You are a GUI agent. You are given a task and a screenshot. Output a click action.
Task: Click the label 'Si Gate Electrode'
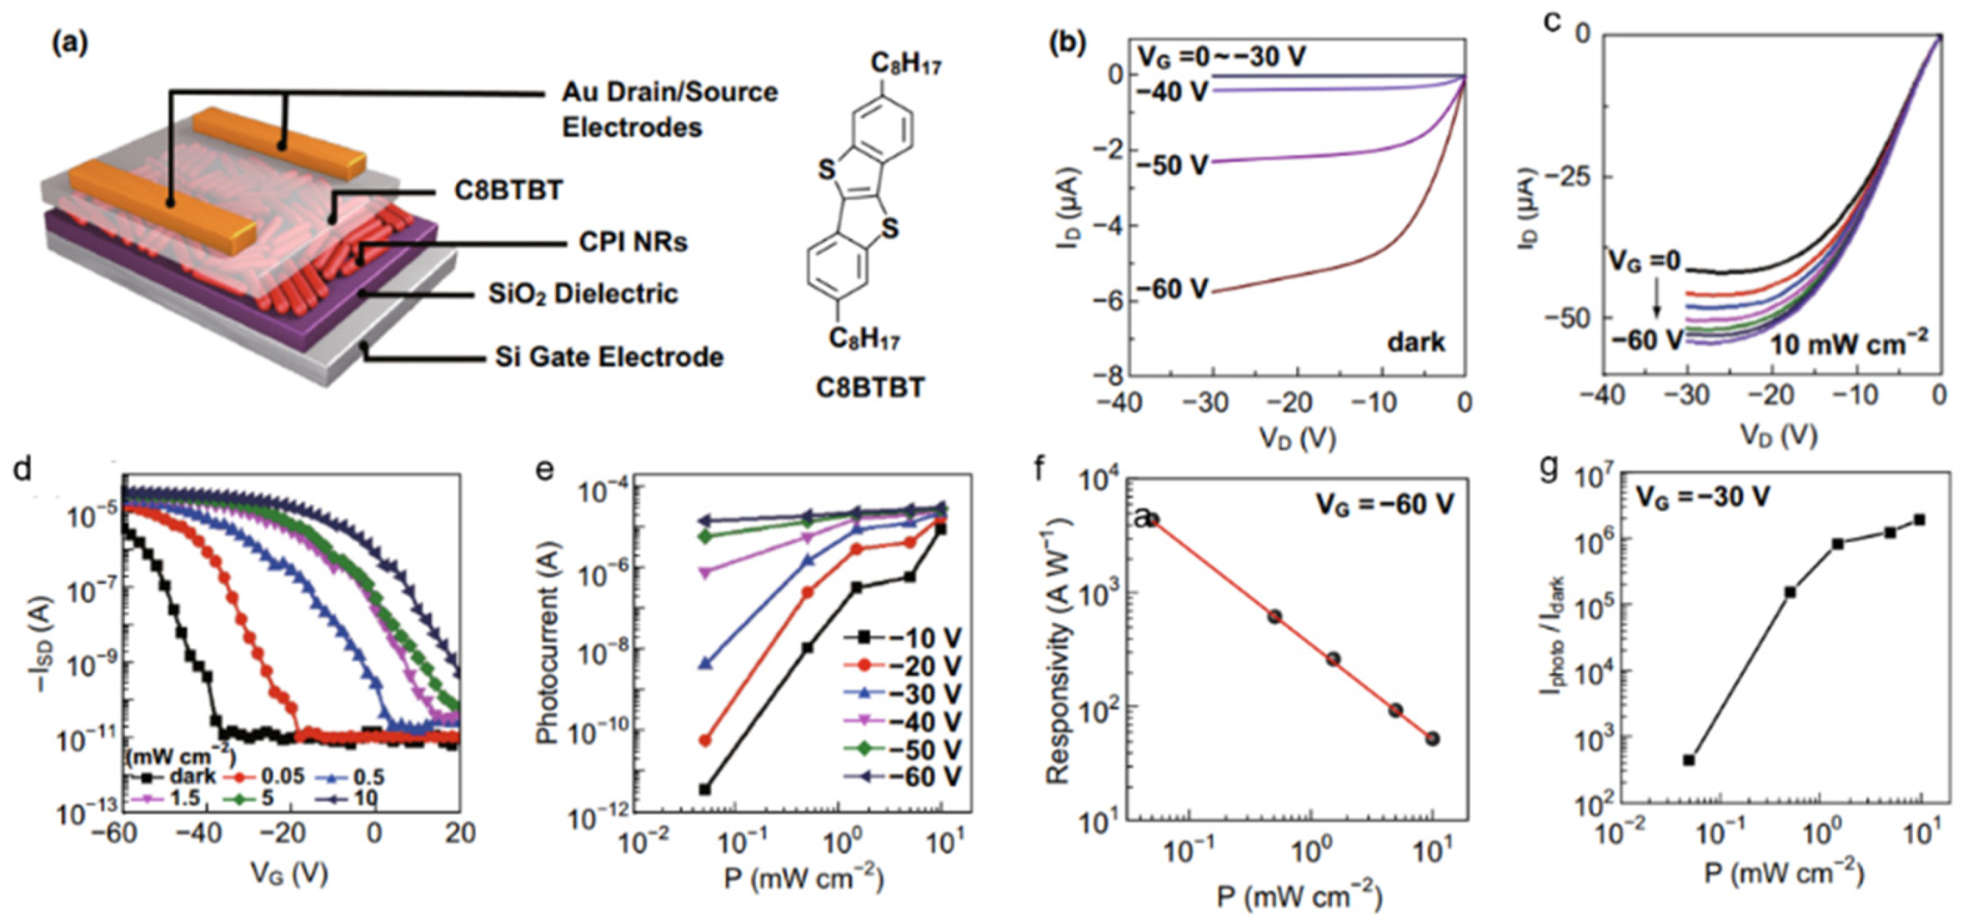pos(609,357)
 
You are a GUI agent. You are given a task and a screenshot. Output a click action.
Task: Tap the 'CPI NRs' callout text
pos(632,242)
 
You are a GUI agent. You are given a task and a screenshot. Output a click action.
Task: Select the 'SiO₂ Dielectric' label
pos(583,294)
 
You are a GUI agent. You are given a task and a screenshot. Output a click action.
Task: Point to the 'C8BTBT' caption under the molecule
pos(870,388)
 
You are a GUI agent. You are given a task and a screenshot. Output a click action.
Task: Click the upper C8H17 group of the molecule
pos(905,65)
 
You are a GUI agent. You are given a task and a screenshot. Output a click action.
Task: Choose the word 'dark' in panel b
pos(1415,342)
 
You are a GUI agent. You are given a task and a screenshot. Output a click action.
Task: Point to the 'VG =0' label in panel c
pos(1644,260)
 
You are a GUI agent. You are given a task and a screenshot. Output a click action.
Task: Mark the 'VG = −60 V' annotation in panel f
pos(1384,503)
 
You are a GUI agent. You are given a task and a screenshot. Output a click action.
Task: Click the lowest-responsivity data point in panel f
pos(1433,738)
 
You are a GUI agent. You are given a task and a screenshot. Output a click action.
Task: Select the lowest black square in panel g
pos(1689,760)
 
